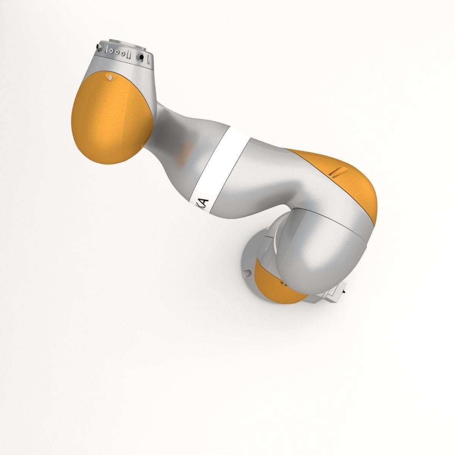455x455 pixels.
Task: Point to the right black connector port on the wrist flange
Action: (x=141, y=56)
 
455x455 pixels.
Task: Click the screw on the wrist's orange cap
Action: (x=110, y=78)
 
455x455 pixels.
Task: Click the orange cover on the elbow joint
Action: (x=341, y=182)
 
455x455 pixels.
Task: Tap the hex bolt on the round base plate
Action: (x=248, y=273)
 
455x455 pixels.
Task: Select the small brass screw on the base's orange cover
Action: (x=282, y=282)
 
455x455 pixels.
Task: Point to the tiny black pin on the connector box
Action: (x=344, y=292)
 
